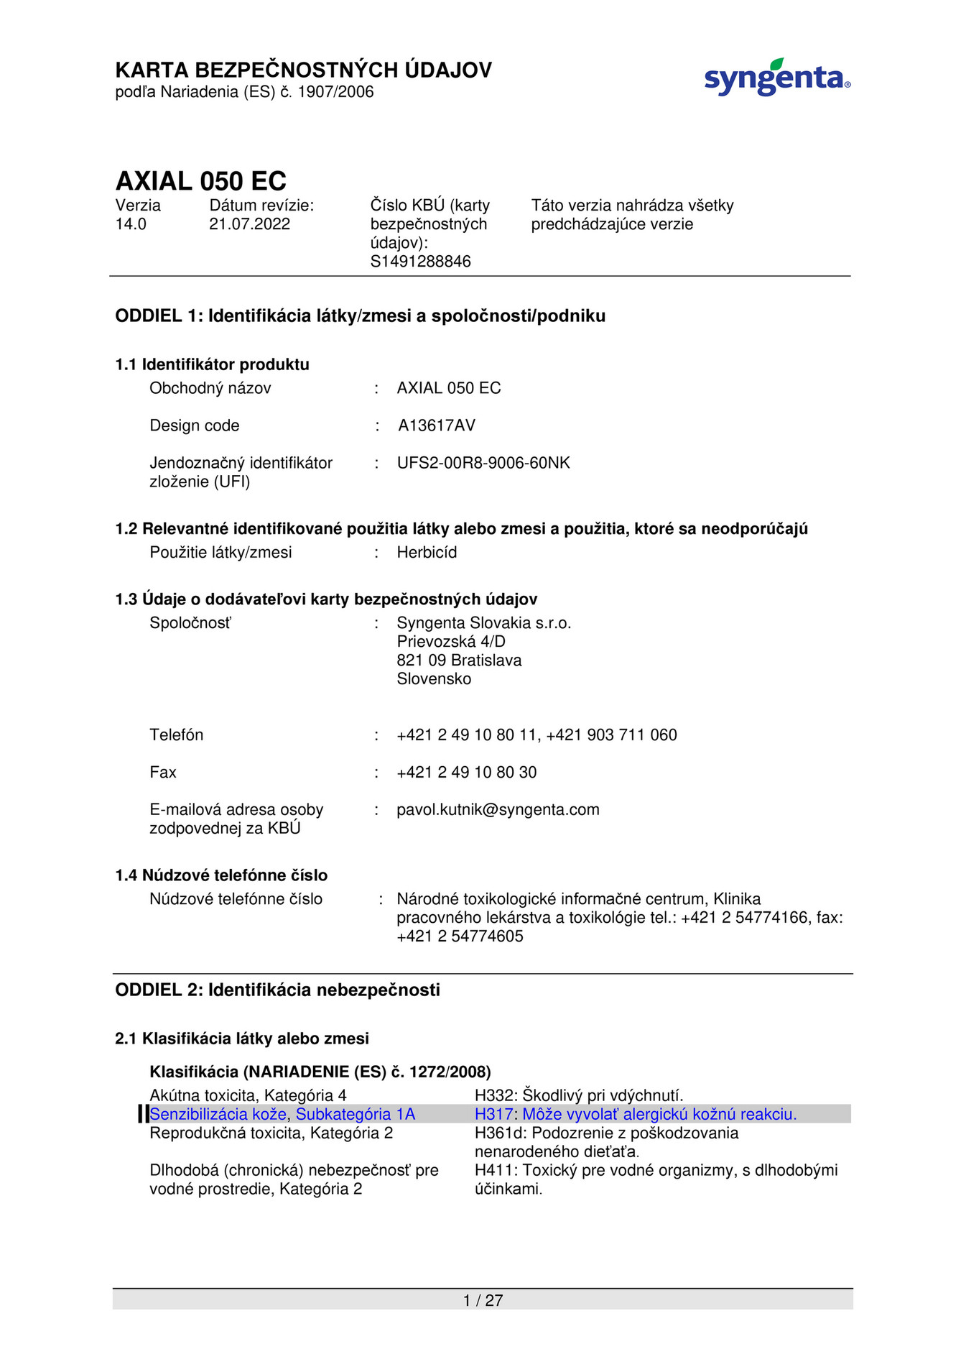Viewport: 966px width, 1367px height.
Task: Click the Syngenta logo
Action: point(776,78)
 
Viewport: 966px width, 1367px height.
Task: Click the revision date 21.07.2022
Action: point(249,224)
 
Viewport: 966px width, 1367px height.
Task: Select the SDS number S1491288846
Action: point(420,262)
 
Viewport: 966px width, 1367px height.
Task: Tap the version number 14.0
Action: point(131,224)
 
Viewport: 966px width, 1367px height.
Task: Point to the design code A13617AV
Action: point(436,425)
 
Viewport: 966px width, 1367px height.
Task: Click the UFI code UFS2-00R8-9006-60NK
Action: point(483,463)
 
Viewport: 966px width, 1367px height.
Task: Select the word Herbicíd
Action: point(427,553)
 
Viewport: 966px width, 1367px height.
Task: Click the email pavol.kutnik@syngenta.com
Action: point(497,810)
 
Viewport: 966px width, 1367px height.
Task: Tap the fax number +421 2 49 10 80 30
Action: point(466,773)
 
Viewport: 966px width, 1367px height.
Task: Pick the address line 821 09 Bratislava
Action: point(459,661)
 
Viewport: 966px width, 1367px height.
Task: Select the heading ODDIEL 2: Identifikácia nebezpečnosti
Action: point(277,990)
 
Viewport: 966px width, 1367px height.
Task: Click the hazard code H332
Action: point(493,1096)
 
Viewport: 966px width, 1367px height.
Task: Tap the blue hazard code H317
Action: point(493,1115)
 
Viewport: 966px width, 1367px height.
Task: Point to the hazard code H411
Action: point(493,1171)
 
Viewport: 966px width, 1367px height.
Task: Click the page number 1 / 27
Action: point(483,1300)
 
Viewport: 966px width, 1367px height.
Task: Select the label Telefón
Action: point(176,735)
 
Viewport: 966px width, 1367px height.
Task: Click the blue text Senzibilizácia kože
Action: point(218,1115)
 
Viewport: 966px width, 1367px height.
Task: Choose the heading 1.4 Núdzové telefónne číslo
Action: point(221,875)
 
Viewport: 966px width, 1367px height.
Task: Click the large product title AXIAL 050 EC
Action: point(201,180)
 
